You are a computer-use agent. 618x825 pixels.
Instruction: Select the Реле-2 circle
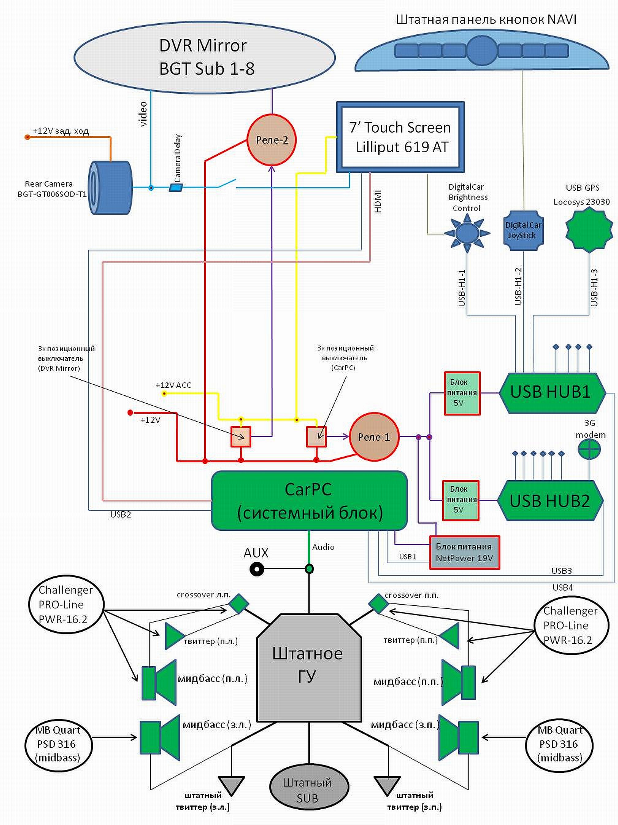click(x=272, y=140)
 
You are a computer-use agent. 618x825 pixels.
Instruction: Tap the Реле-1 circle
click(x=374, y=437)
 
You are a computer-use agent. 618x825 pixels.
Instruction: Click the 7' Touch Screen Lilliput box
click(x=400, y=137)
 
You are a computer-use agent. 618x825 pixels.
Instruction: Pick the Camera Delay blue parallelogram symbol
click(x=176, y=188)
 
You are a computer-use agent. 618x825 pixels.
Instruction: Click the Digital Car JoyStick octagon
click(x=523, y=230)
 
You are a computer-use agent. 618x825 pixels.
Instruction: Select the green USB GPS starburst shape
click(x=589, y=230)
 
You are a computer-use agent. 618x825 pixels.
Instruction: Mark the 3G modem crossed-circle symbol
click(x=589, y=449)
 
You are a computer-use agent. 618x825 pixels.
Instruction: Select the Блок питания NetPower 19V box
click(x=464, y=552)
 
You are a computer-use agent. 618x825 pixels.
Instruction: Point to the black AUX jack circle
click(x=257, y=569)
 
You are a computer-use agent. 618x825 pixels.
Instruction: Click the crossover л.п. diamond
click(x=238, y=603)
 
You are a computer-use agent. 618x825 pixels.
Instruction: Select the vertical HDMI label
click(x=378, y=202)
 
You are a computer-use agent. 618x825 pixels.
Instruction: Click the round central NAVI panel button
click(x=482, y=51)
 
